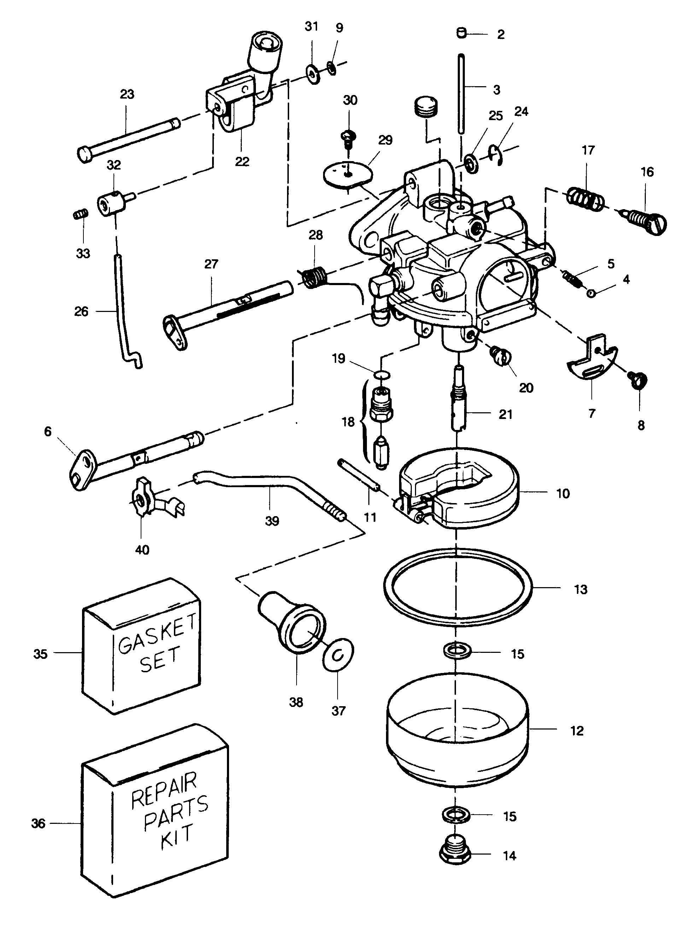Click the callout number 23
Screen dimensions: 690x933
pyautogui.click(x=127, y=94)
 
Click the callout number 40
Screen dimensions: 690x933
pyautogui.click(x=142, y=550)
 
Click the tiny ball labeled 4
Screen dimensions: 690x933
pyautogui.click(x=591, y=294)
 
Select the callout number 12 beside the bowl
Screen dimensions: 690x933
pyautogui.click(x=577, y=731)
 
